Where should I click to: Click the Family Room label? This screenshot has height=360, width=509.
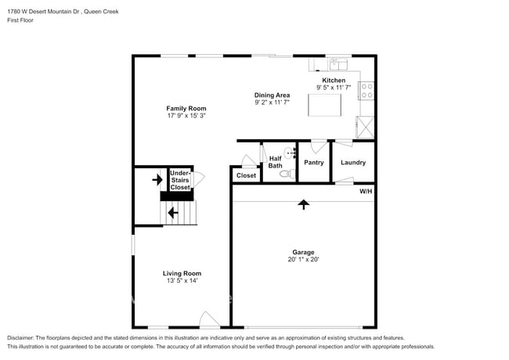coord(186,108)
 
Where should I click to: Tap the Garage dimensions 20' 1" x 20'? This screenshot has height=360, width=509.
coord(303,259)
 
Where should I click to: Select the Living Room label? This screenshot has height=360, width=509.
coord(182,273)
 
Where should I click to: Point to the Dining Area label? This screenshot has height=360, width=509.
coord(272,95)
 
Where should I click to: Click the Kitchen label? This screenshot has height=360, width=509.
coord(334,81)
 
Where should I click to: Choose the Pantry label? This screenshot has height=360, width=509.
coord(314,163)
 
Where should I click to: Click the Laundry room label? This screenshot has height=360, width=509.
coord(353,163)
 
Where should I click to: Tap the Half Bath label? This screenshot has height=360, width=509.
coord(276,162)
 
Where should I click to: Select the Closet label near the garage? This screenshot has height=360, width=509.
coord(246,176)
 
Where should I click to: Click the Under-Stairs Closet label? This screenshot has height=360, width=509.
coord(179,180)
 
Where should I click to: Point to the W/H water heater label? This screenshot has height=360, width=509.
coord(366,191)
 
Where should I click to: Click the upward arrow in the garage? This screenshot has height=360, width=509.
coord(303,204)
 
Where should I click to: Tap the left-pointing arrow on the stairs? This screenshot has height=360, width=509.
coord(172,211)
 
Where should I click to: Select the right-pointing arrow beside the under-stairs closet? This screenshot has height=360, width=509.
coord(157,180)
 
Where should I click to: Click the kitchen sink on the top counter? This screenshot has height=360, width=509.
coord(338,64)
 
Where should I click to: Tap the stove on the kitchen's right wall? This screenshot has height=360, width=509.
coord(366,90)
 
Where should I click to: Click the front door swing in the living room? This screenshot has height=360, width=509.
coord(208,319)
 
